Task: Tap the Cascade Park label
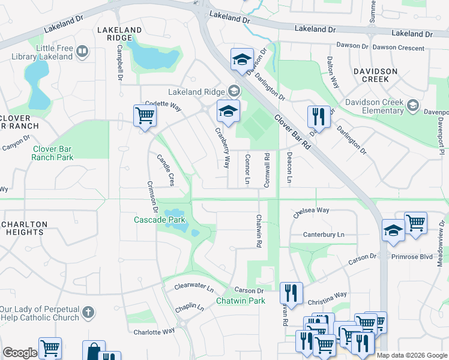[x=159, y=220]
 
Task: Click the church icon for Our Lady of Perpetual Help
[x=88, y=312]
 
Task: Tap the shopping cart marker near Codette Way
[x=145, y=115]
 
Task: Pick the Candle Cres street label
[x=166, y=169]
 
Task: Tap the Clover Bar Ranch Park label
[x=53, y=153]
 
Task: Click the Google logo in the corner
[x=19, y=353]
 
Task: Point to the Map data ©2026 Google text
[x=412, y=355]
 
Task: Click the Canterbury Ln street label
[x=324, y=235]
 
